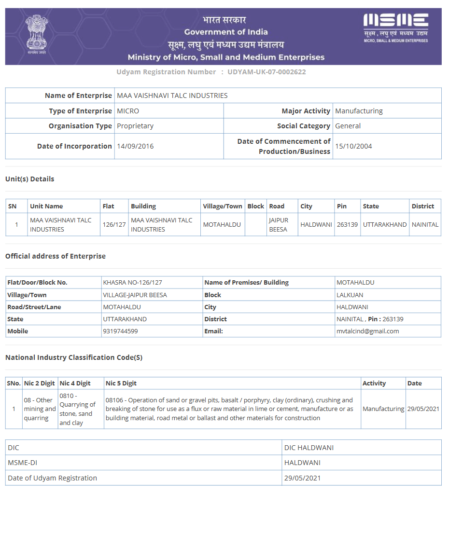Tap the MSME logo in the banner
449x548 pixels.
click(x=395, y=27)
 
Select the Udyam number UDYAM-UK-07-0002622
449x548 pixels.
click(x=267, y=72)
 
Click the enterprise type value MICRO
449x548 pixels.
click(x=128, y=111)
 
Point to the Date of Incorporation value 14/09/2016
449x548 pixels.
click(x=135, y=146)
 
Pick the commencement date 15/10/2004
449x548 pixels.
click(x=353, y=146)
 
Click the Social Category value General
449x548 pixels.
click(x=348, y=126)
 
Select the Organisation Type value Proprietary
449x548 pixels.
click(x=135, y=126)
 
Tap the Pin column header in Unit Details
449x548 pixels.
click(x=342, y=206)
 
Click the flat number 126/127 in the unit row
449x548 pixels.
click(x=114, y=225)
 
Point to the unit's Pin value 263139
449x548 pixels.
click(x=347, y=225)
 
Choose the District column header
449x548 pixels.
click(x=423, y=206)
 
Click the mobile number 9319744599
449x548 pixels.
click(x=120, y=331)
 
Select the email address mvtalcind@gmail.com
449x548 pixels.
click(x=367, y=331)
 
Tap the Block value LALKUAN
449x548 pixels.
click(x=350, y=295)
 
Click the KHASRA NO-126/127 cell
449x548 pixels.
click(x=132, y=283)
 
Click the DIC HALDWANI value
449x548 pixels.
click(x=309, y=448)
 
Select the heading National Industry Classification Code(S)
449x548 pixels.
click(x=74, y=357)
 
